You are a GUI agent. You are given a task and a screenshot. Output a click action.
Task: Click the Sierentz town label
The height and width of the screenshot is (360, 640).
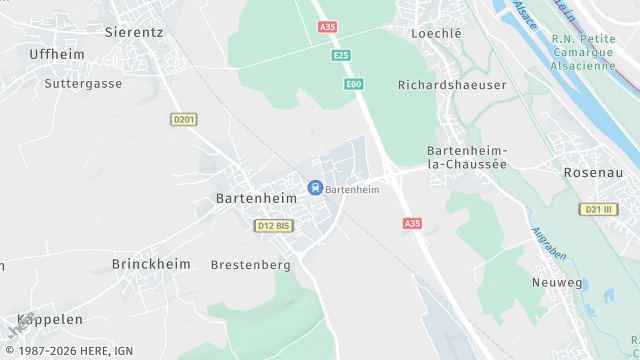(x=135, y=32)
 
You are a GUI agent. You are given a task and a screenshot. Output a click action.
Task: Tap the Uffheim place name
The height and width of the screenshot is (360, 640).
(x=57, y=54)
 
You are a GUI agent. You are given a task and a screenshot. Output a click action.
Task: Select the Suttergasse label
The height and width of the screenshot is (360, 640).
(x=83, y=84)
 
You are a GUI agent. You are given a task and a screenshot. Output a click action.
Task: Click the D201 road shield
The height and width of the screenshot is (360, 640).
(x=184, y=119)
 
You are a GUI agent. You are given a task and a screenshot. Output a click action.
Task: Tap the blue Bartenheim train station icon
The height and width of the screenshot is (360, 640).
(x=315, y=187)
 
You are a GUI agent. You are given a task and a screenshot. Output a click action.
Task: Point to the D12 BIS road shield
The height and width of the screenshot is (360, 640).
(x=273, y=226)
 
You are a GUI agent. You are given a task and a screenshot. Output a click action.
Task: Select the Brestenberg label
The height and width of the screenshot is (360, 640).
(x=250, y=265)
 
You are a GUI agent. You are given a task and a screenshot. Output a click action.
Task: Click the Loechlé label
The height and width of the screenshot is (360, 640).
(x=437, y=33)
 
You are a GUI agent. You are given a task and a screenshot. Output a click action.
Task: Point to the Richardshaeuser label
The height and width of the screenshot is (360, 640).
(x=452, y=85)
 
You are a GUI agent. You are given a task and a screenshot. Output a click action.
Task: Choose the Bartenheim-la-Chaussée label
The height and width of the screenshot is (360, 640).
(x=467, y=157)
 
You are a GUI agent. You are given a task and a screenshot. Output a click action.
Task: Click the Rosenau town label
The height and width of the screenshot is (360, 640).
(x=593, y=172)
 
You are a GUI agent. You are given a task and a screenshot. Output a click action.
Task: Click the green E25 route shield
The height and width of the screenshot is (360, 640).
(x=342, y=56)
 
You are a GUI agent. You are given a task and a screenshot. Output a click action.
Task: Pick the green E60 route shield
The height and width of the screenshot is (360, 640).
(x=353, y=84)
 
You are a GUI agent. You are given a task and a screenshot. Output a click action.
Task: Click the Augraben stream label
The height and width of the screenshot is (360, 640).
(x=549, y=243)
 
